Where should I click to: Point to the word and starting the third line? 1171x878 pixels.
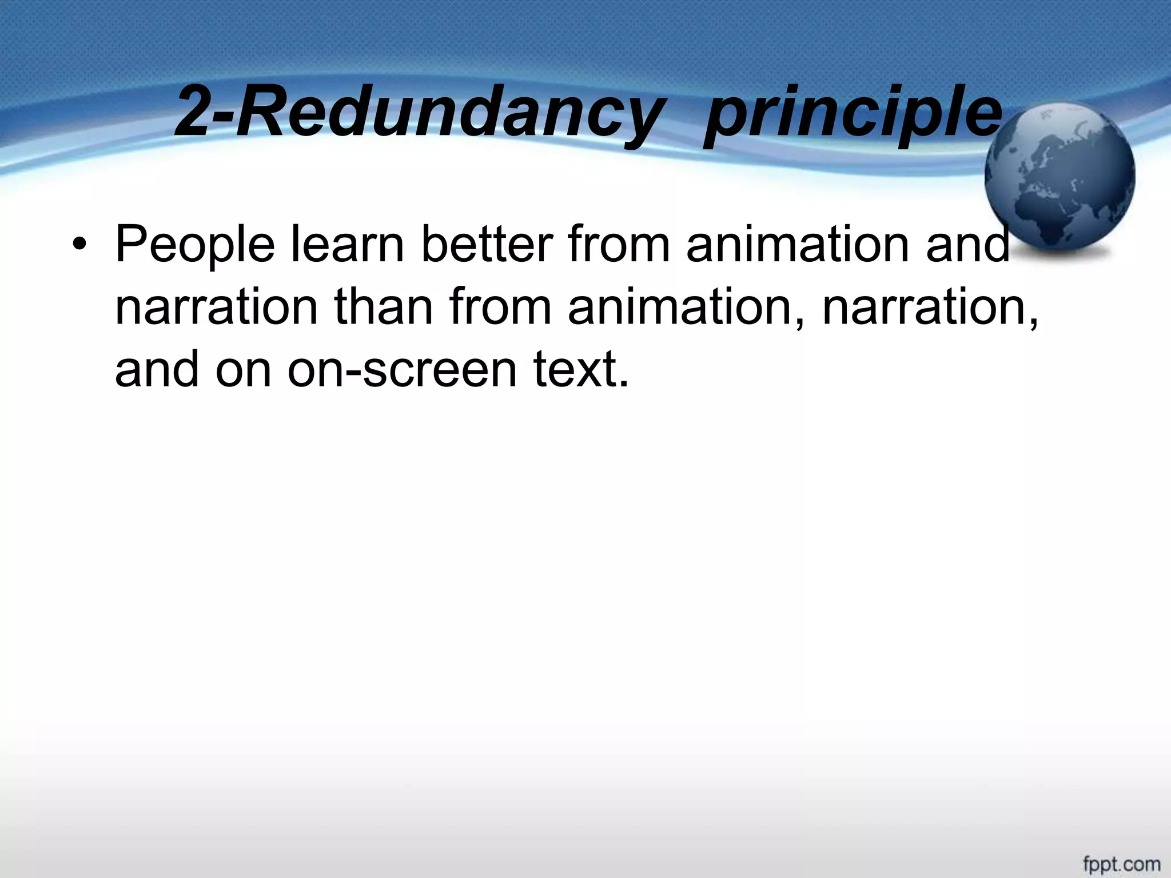(x=157, y=369)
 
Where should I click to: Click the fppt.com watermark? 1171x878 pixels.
(x=1121, y=863)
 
